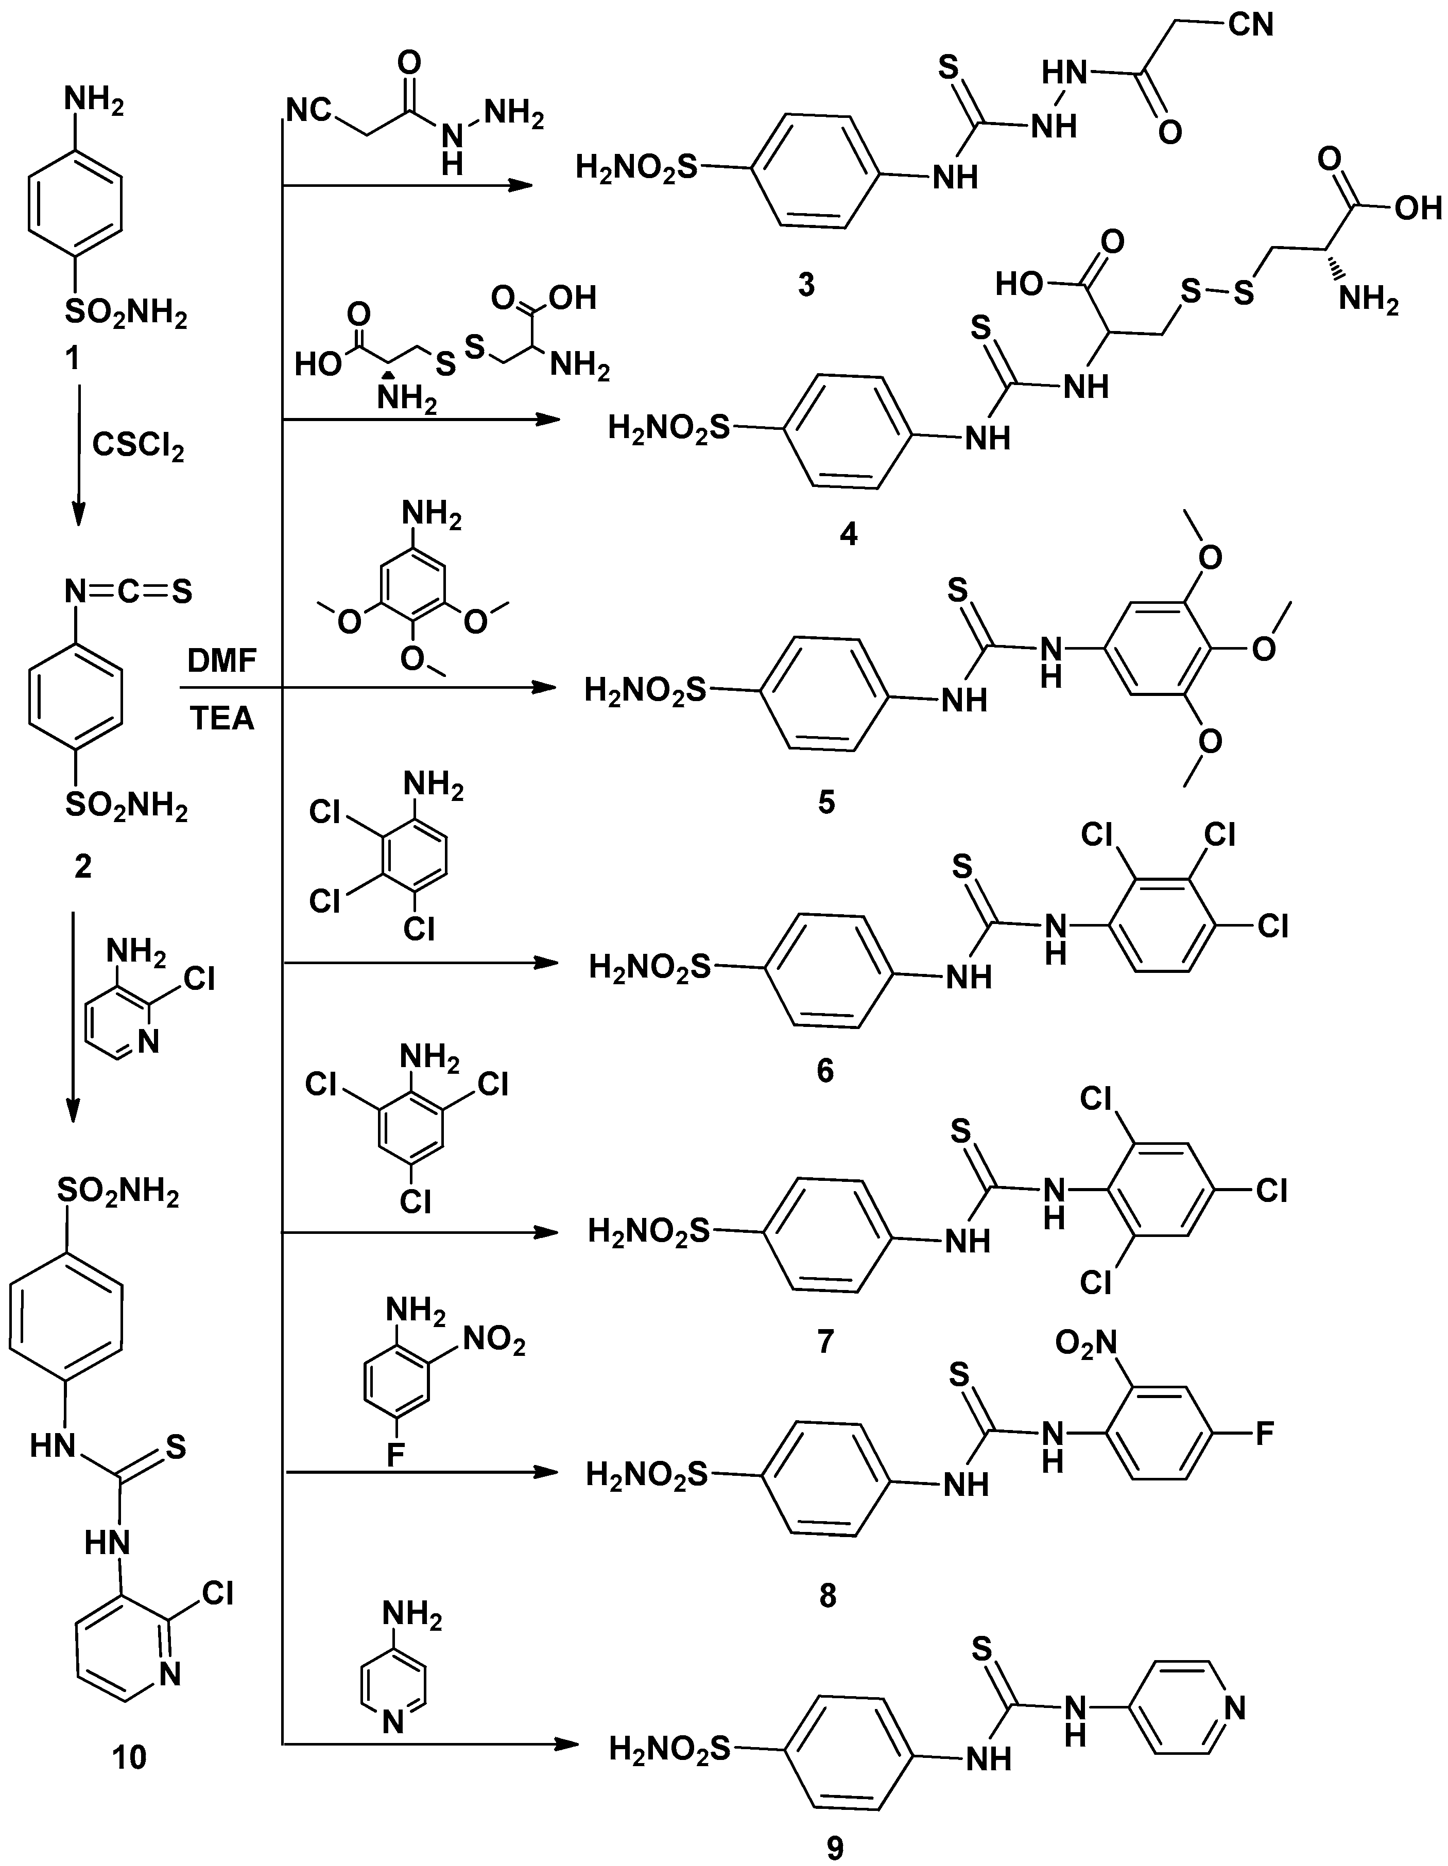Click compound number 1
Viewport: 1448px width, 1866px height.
click(73, 358)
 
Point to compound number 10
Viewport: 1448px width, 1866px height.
click(130, 1757)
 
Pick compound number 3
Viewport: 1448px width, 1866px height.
click(806, 285)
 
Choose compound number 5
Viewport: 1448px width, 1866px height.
click(826, 803)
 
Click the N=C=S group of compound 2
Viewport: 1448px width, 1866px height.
click(128, 591)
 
